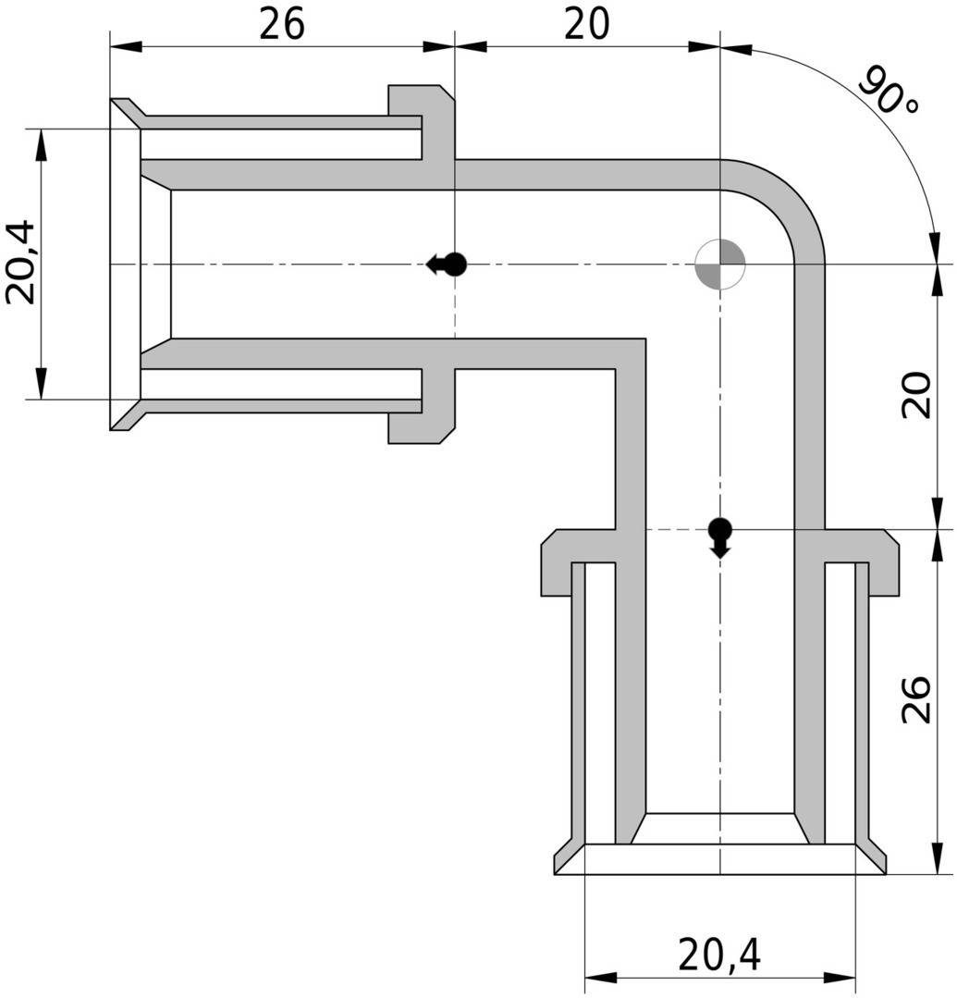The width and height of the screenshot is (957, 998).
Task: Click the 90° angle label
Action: pos(889,91)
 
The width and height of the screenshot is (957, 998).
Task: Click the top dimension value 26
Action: pos(281,25)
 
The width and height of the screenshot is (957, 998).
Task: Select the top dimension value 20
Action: pos(587,25)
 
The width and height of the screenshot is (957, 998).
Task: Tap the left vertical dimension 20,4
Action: pos(20,262)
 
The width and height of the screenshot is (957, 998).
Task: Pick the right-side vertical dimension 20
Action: pos(915,396)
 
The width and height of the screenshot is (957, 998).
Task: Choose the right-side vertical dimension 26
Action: pos(915,700)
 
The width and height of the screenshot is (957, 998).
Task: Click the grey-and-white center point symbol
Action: pos(719,265)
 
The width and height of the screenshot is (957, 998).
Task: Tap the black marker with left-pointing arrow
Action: pos(448,265)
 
